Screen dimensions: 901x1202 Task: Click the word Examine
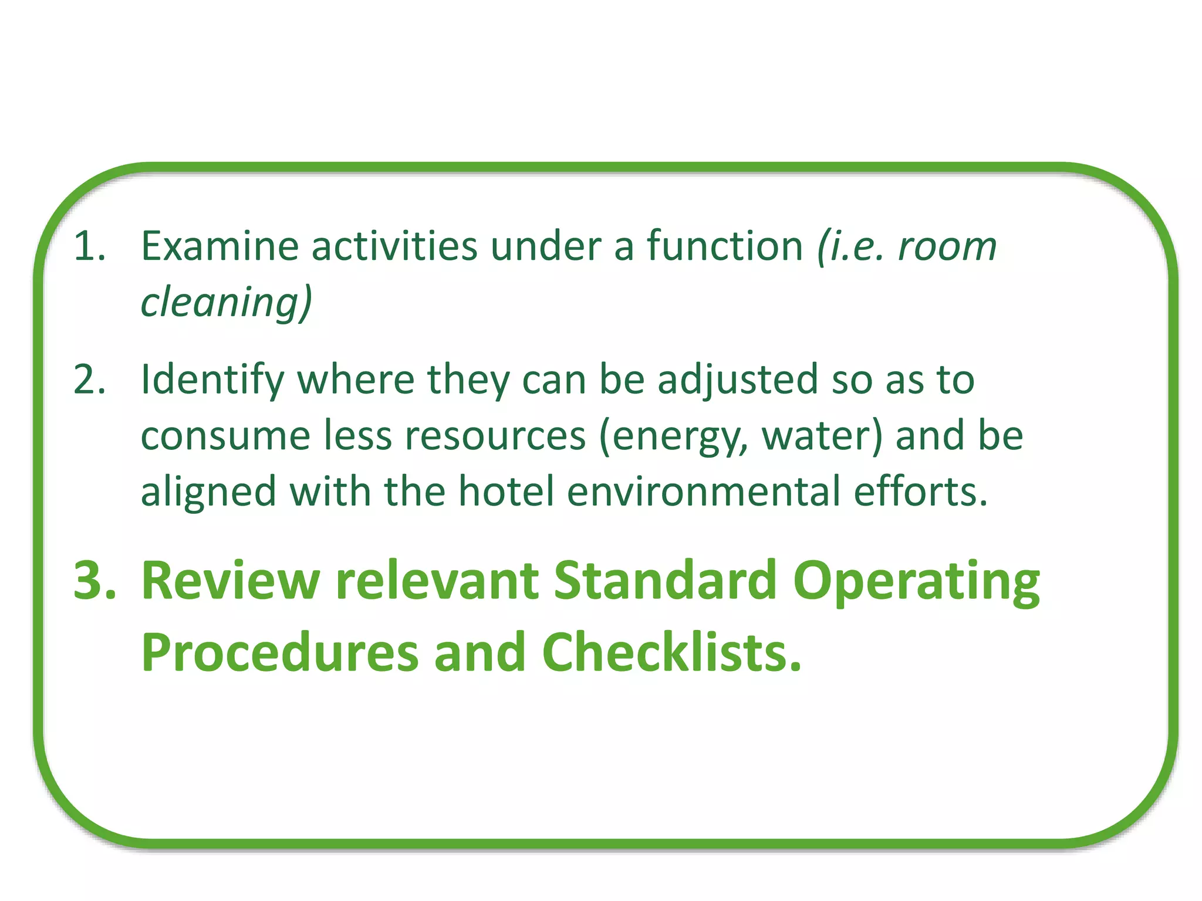(x=220, y=246)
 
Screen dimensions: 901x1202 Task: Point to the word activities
(x=394, y=246)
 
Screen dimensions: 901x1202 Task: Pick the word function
(x=725, y=246)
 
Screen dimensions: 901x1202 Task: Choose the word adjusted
(x=738, y=380)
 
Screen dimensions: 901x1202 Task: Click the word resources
(x=495, y=436)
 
